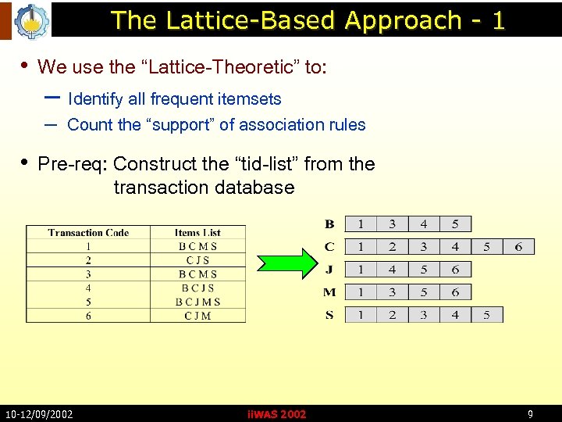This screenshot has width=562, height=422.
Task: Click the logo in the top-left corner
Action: coord(30,21)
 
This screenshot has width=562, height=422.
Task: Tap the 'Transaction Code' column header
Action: coord(88,232)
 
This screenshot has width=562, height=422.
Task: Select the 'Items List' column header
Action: coord(197,232)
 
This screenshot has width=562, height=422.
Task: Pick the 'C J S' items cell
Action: coord(197,260)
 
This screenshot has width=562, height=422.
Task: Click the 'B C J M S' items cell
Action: coord(197,302)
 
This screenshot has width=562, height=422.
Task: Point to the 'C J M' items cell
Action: coord(197,316)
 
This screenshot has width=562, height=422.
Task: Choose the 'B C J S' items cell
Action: coord(197,288)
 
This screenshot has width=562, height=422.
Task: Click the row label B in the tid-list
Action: coord(329,224)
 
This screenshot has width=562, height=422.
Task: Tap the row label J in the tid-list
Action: coord(329,269)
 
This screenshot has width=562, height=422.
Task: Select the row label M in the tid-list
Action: coord(329,291)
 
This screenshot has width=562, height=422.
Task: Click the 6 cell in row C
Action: coord(519,247)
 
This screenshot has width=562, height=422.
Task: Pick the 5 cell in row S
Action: coord(487,315)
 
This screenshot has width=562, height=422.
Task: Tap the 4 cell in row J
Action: coord(392,270)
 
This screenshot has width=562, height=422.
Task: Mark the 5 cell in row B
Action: coord(455,224)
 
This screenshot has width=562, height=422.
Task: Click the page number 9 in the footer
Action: coord(531,414)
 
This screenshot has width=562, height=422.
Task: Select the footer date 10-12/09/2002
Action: coord(39,414)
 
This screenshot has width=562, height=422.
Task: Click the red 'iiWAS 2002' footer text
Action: coord(276,414)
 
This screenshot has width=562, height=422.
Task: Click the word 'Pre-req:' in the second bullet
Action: coord(73,164)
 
